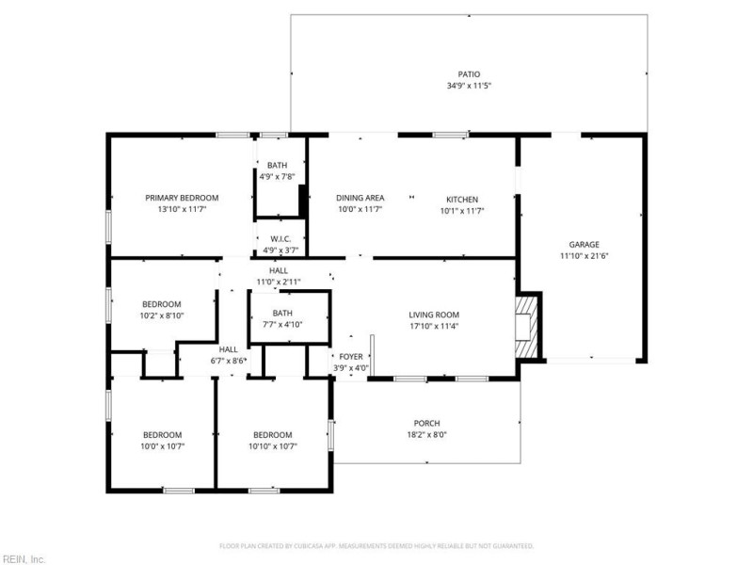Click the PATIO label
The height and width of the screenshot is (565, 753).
pyautogui.click(x=469, y=73)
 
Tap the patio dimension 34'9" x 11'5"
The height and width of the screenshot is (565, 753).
pyautogui.click(x=469, y=86)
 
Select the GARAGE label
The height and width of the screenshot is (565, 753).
pyautogui.click(x=584, y=244)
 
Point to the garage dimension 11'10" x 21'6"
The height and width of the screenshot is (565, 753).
pyautogui.click(x=584, y=256)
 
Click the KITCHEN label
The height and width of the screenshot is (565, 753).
pyautogui.click(x=462, y=199)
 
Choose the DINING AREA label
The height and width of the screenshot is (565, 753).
pyautogui.click(x=360, y=198)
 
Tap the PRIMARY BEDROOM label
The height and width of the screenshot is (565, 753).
pyautogui.click(x=182, y=198)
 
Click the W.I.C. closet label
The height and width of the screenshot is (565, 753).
pyautogui.click(x=278, y=239)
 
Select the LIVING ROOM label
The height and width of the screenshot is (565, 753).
pyautogui.click(x=433, y=315)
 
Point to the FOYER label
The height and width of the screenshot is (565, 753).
pyautogui.click(x=350, y=356)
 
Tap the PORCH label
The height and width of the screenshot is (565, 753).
pyautogui.click(x=426, y=423)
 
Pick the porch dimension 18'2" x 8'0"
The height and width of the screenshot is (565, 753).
pyautogui.click(x=426, y=435)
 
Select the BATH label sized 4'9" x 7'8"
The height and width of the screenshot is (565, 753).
pyautogui.click(x=277, y=166)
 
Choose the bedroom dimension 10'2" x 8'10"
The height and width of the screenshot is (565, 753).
pyautogui.click(x=162, y=315)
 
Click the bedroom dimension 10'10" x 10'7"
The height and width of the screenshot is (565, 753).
pyautogui.click(x=272, y=446)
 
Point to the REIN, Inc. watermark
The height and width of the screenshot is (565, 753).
pyautogui.click(x=24, y=558)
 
